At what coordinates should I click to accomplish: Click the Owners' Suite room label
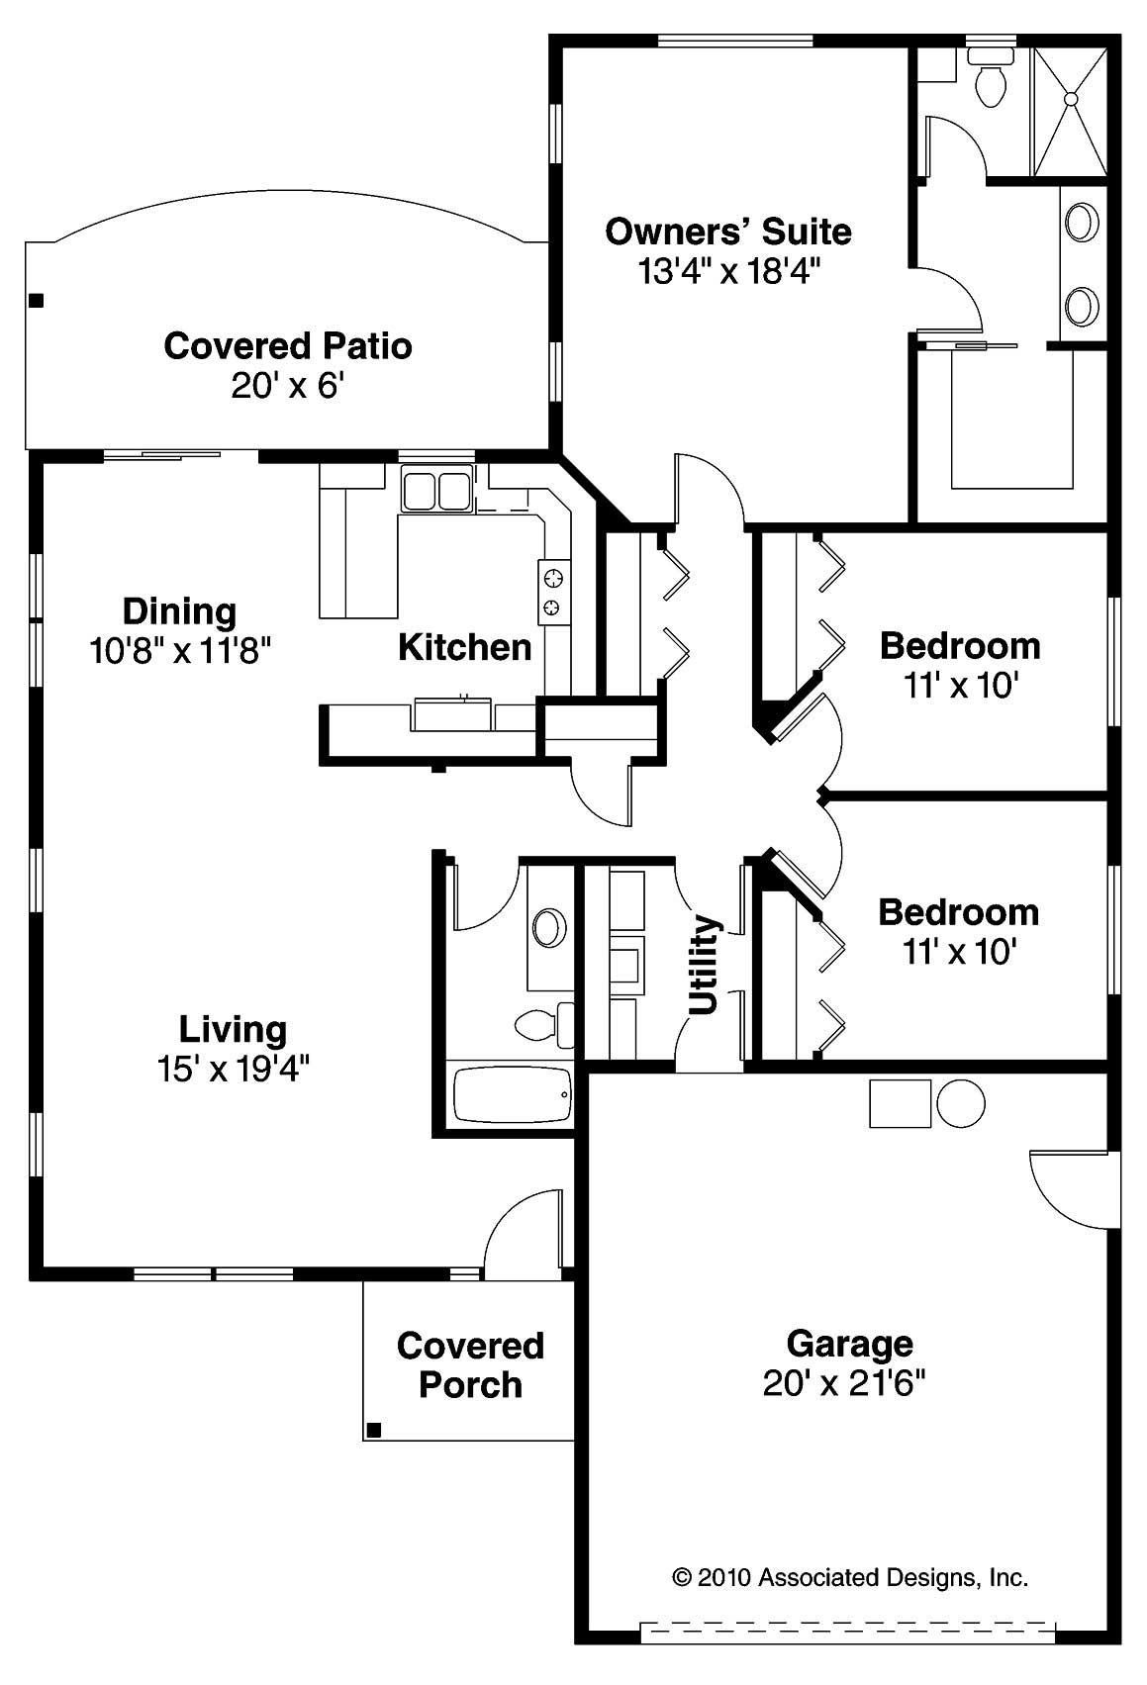(727, 232)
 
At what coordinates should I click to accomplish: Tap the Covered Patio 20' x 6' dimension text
(287, 385)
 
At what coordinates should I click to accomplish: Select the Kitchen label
(464, 647)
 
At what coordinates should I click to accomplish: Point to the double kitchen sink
(435, 491)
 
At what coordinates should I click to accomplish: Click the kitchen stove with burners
(553, 591)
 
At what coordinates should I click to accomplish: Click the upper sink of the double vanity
(1082, 221)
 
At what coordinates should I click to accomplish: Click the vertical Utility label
(703, 964)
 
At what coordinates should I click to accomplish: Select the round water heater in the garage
(960, 1104)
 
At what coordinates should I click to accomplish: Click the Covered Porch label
(470, 1364)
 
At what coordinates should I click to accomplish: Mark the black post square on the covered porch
(374, 1429)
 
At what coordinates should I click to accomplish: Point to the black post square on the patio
(37, 300)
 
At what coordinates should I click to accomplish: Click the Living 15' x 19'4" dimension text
(233, 1069)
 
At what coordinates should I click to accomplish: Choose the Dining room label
(179, 610)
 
